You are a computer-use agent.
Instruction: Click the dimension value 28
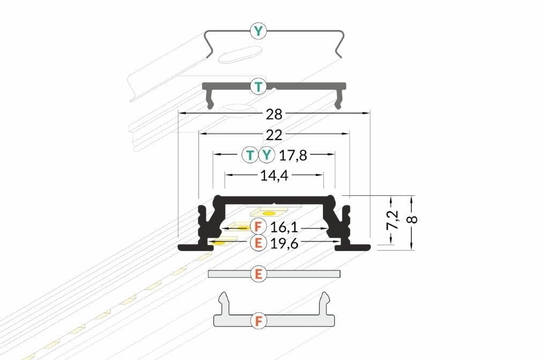tap(274, 114)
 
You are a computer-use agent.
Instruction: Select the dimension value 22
tap(274, 135)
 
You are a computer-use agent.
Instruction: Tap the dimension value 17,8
tap(293, 155)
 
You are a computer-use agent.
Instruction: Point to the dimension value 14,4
tap(275, 176)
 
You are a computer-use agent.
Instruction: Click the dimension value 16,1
tap(284, 227)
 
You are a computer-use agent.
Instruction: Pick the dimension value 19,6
tap(284, 244)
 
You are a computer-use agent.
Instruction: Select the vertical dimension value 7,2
tap(392, 220)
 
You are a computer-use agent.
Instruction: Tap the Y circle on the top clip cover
tap(258, 31)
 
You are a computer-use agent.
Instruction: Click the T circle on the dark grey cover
tap(258, 86)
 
